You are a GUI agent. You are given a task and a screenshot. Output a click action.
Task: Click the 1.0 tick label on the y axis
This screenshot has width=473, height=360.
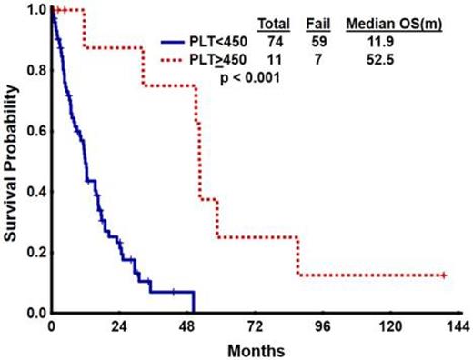coord(35,10)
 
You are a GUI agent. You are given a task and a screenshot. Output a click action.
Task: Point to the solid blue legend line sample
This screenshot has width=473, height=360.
coord(180,41)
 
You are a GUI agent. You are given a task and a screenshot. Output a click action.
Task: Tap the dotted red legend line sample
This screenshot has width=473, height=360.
coord(180,59)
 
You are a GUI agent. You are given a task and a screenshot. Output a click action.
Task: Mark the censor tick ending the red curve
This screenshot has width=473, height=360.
coord(443,275)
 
